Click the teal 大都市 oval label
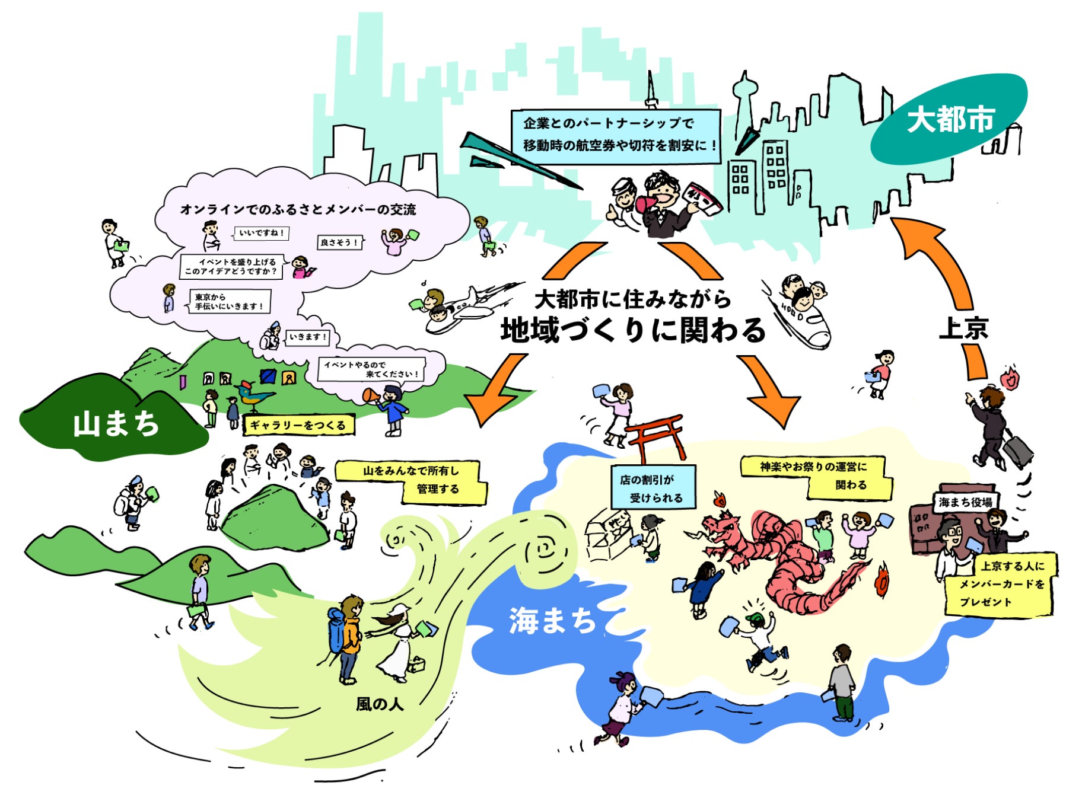pos(949,119)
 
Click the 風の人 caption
pos(380,704)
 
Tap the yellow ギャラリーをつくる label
pos(298,425)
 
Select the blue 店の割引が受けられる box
pos(653,488)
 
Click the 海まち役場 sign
pos(965,502)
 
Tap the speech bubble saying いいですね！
pos(262,233)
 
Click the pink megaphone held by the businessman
pos(647,203)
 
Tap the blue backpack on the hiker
pos(336,631)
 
